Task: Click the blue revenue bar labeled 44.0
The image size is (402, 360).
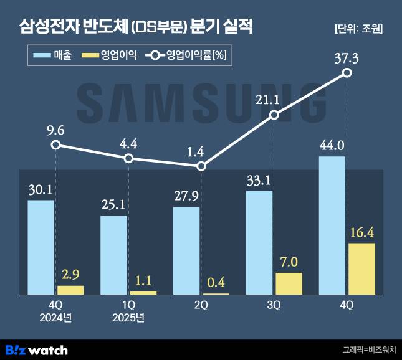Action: [x=332, y=225]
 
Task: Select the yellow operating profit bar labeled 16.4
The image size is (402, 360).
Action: [x=361, y=268]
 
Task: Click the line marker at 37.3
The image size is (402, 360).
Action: [x=347, y=73]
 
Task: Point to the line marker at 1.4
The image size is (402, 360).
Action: [x=201, y=166]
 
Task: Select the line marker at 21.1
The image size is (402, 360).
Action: [x=274, y=115]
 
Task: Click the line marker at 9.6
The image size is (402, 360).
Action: [x=55, y=145]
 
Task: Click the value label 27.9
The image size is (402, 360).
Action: [x=186, y=196]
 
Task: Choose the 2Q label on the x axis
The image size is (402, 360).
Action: [x=201, y=305]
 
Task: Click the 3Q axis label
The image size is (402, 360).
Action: [x=274, y=305]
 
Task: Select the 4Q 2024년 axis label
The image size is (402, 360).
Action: [x=55, y=311]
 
